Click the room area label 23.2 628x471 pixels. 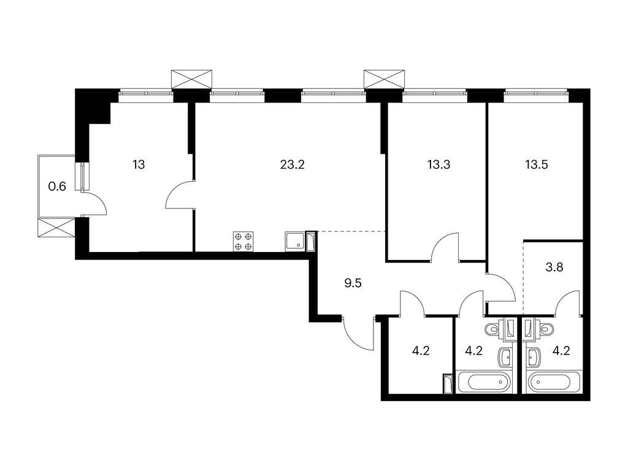click(293, 164)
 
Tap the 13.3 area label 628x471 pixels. click(439, 164)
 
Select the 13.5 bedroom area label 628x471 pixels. click(536, 164)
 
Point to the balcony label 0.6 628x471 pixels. click(57, 186)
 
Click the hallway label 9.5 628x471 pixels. click(353, 283)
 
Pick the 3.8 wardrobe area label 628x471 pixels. click(554, 267)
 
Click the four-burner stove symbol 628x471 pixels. click(243, 242)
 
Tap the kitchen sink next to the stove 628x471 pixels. click(296, 241)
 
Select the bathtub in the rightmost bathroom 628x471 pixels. click(554, 382)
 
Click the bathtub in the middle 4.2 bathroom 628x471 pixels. click(484, 382)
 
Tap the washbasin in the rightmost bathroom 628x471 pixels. click(534, 357)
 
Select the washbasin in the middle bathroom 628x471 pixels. click(505, 357)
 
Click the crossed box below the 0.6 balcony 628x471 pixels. click(56, 228)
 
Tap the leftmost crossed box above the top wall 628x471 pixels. click(191, 79)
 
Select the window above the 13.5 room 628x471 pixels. click(536, 93)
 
